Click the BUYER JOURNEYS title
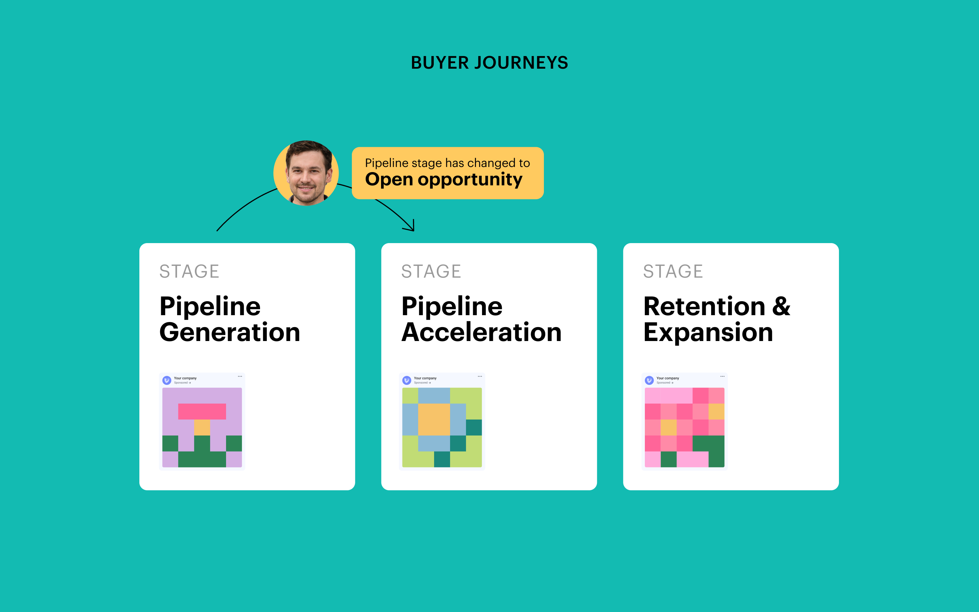[489, 63]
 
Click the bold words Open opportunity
[443, 179]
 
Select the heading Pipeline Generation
[230, 319]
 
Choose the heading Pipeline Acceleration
[481, 319]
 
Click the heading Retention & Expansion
[717, 319]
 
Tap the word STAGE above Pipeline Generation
[189, 271]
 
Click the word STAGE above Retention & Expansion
[673, 271]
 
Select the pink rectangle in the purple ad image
[202, 411]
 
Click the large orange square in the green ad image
[434, 419]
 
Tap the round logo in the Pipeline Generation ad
[167, 380]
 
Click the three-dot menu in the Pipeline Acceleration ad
[480, 376]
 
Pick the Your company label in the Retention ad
[668, 378]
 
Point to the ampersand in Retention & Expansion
[781, 306]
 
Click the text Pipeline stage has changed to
[447, 163]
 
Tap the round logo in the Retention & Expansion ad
[649, 380]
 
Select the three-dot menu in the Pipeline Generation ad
[240, 376]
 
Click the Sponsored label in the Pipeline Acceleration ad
[421, 382]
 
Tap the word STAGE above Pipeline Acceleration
[431, 271]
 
